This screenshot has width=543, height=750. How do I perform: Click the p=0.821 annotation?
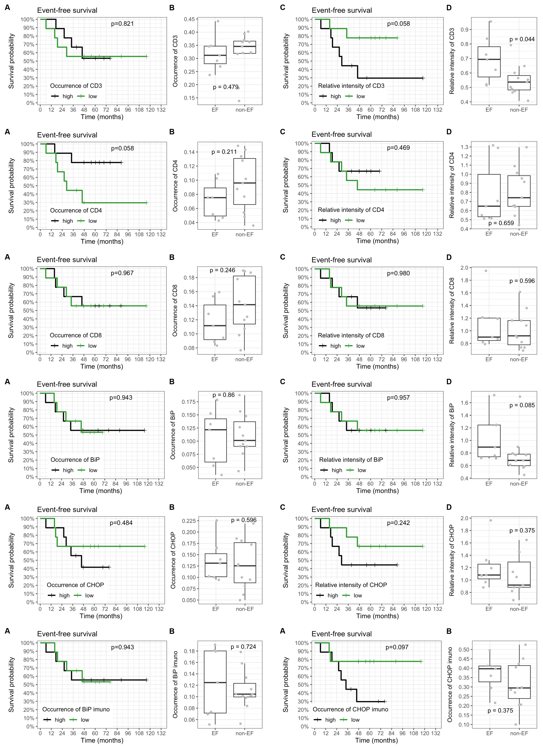(x=122, y=24)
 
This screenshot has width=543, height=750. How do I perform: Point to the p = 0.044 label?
(x=522, y=39)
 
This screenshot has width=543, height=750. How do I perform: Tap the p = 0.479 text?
(x=226, y=87)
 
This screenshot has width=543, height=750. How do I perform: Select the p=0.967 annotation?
(x=122, y=273)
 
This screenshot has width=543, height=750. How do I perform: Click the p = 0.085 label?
(x=522, y=405)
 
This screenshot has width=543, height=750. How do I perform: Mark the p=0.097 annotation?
(x=397, y=647)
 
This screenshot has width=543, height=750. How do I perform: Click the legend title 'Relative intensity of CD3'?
(x=351, y=86)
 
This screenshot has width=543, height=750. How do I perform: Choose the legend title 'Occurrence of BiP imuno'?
(x=76, y=709)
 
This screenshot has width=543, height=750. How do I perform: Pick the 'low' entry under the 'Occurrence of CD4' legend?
(x=93, y=221)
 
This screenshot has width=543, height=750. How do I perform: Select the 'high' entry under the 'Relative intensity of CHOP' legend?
(x=333, y=596)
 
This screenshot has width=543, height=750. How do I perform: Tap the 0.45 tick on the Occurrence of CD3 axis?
(x=189, y=19)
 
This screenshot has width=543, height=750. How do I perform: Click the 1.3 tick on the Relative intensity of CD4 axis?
(x=464, y=147)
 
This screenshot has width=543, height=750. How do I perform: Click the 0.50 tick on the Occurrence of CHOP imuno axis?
(x=464, y=650)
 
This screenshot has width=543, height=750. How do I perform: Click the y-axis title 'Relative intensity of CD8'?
(x=452, y=310)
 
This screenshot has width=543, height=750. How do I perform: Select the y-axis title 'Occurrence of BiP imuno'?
(x=175, y=685)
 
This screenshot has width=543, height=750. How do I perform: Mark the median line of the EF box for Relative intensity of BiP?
(x=489, y=447)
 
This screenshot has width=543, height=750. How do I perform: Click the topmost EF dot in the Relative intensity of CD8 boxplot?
(x=486, y=271)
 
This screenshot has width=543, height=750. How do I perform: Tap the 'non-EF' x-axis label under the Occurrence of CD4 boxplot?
(x=244, y=234)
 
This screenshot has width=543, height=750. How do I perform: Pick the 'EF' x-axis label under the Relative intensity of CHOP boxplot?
(x=489, y=609)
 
